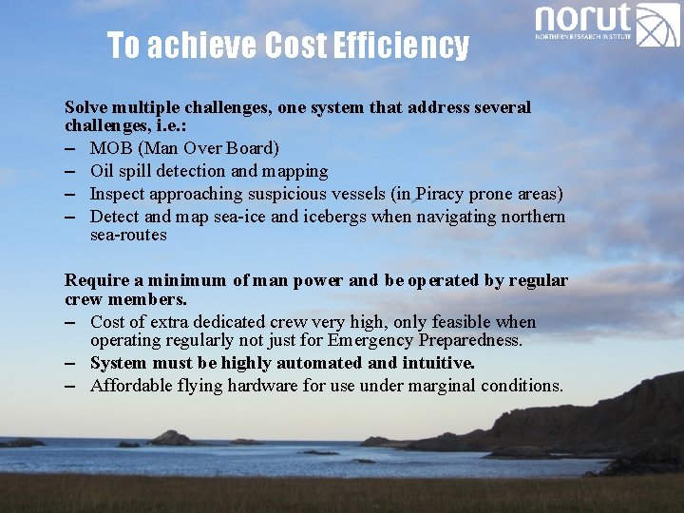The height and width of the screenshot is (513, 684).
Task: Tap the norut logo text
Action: point(583,19)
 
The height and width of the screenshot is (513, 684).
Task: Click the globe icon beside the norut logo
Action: point(658,25)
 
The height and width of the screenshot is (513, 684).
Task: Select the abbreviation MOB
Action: point(109,148)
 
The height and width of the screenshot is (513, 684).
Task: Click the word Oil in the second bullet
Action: point(103,171)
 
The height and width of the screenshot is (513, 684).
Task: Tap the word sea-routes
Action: point(128,235)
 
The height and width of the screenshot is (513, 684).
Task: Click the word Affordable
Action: point(132,386)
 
